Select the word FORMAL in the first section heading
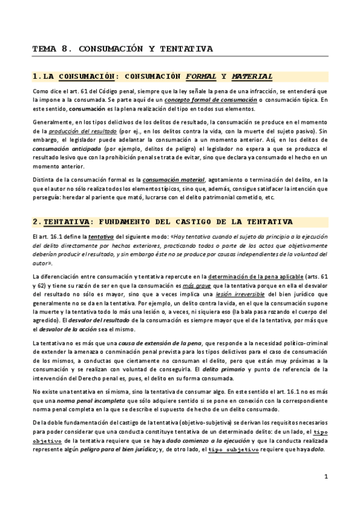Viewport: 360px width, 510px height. (201, 76)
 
